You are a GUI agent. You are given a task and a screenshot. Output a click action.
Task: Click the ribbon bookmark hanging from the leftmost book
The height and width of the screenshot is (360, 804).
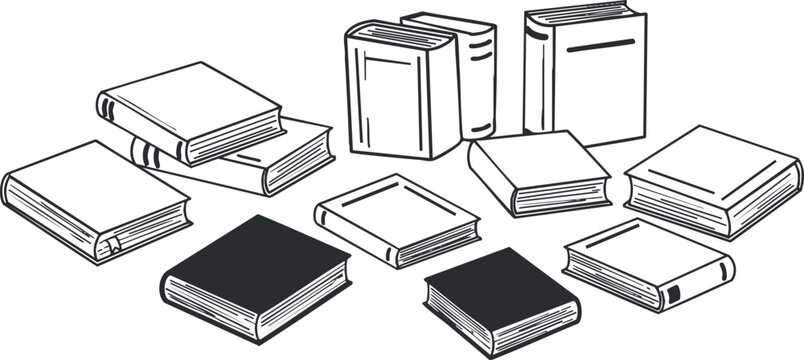(x=115, y=243)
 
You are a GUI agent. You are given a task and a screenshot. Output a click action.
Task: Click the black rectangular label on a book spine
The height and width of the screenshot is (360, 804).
(x=672, y=293)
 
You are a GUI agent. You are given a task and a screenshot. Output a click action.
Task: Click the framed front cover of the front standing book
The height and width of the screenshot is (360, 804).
(x=386, y=100)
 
